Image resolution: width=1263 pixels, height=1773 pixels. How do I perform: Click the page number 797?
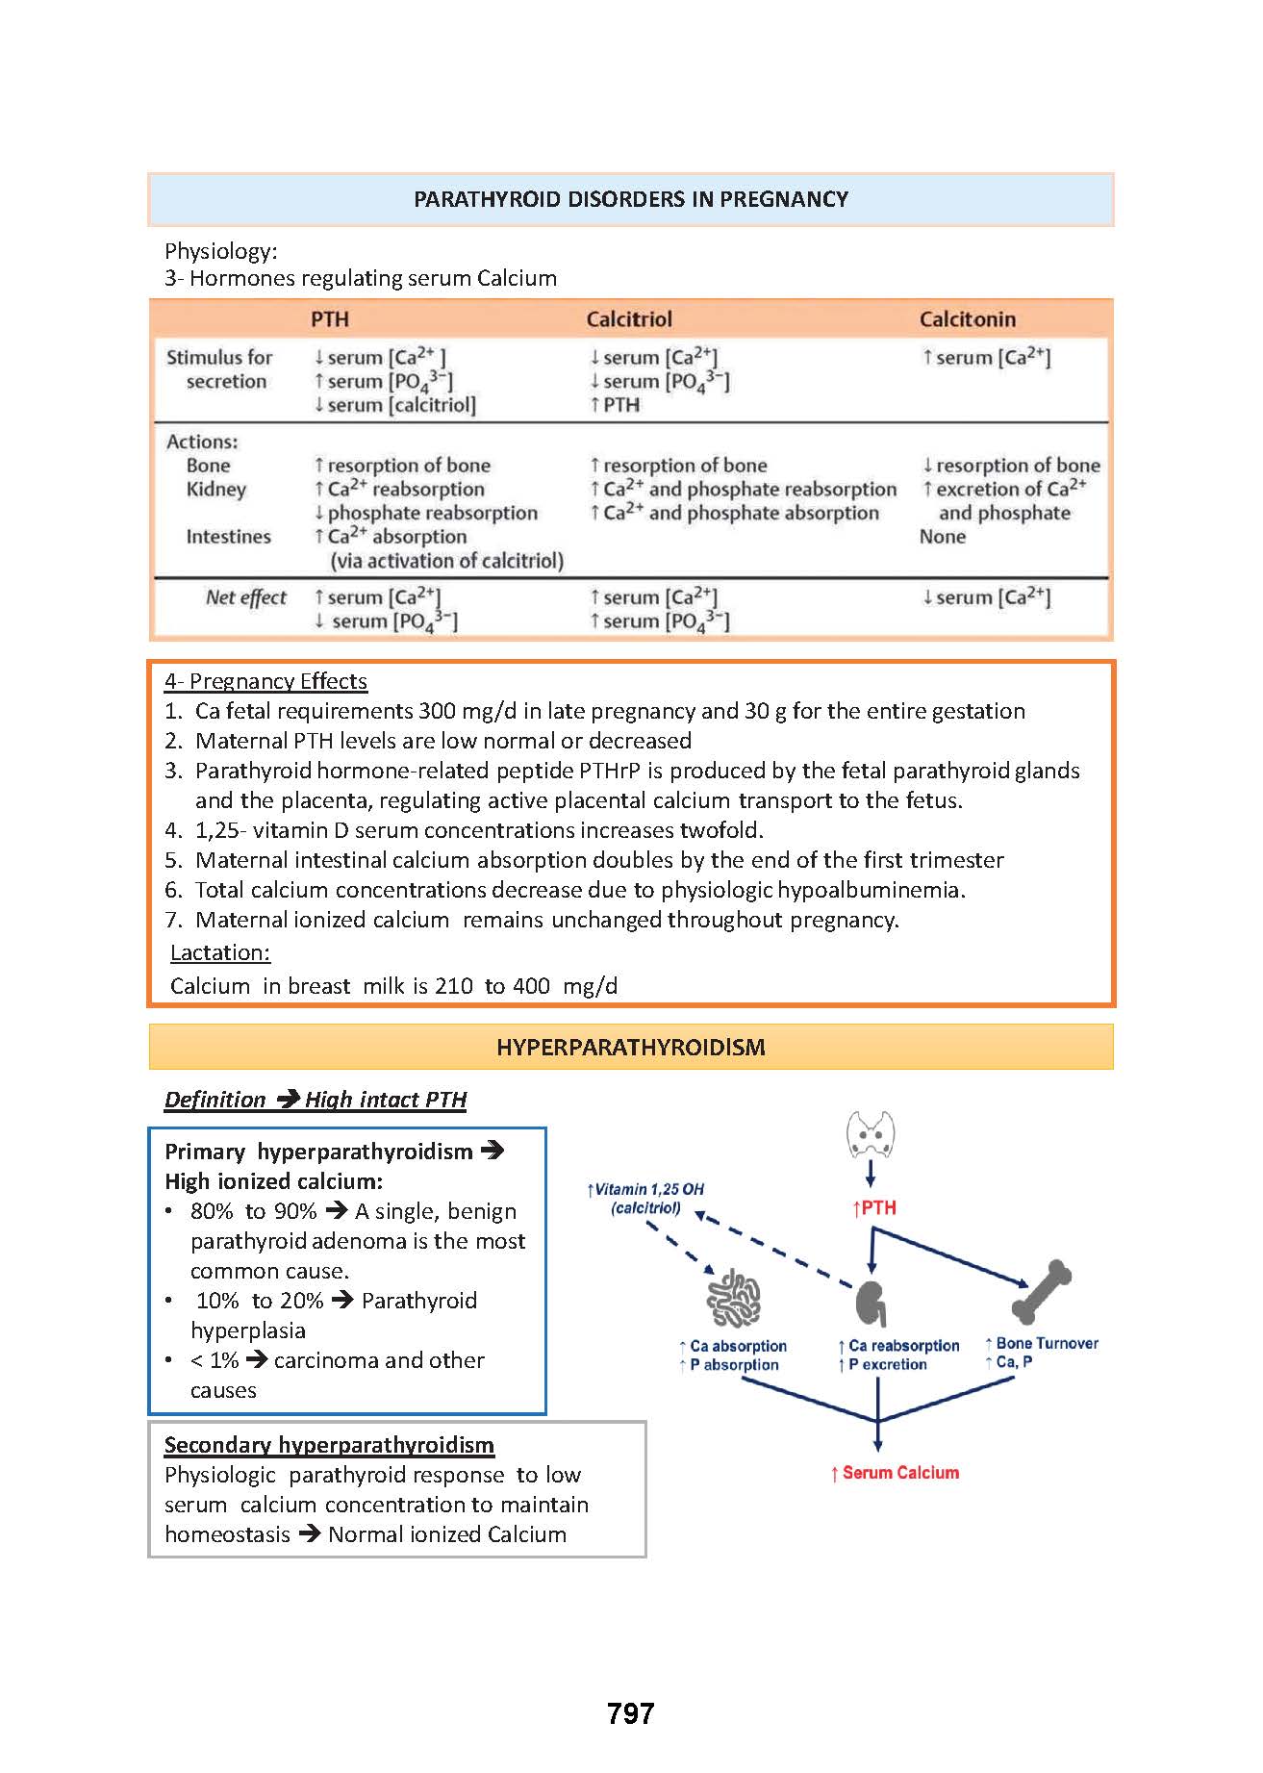[x=631, y=1712]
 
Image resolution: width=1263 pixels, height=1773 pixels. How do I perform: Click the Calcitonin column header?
[x=967, y=319]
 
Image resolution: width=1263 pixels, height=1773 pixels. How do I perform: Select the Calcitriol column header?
[x=629, y=319]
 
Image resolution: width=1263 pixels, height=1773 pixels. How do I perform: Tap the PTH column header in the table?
[x=329, y=319]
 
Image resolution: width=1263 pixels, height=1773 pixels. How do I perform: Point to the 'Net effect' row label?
[x=245, y=597]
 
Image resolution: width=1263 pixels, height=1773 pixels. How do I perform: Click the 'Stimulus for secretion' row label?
[x=219, y=369]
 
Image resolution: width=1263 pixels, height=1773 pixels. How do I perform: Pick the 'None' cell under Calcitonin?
[x=942, y=537]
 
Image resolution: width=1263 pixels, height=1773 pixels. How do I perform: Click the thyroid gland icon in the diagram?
[x=871, y=1135]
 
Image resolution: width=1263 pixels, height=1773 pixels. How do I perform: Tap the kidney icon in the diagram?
[x=871, y=1304]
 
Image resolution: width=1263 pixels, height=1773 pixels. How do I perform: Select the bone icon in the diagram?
[x=1041, y=1292]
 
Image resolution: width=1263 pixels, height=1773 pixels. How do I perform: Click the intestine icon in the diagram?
[x=734, y=1301]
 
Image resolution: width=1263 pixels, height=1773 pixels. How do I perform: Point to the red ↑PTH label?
[x=874, y=1208]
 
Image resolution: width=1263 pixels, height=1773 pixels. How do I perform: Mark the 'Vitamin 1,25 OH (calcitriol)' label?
[x=645, y=1199]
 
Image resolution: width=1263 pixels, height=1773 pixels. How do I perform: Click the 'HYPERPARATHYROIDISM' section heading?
[x=631, y=1047]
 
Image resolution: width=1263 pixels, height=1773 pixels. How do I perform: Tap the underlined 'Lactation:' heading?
[x=220, y=952]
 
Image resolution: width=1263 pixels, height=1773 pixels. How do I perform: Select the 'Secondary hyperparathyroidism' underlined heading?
[x=329, y=1445]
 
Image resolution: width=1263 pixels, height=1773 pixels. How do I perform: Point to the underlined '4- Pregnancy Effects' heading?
[x=265, y=681]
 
